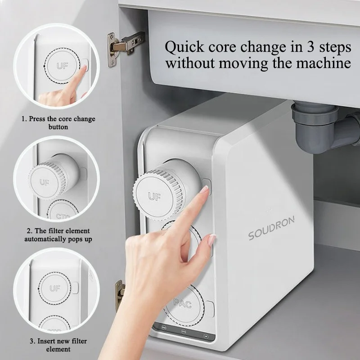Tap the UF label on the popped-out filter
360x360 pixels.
pos(154,196)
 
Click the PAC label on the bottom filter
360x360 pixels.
pos(183,304)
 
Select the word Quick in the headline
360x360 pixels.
pos(183,47)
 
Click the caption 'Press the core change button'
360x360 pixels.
pos(58,123)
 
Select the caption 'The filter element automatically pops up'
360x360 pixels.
pos(58,234)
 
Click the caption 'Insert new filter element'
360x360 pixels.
pos(58,345)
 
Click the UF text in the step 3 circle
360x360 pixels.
pos(55,288)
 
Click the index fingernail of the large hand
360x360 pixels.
pos(205,190)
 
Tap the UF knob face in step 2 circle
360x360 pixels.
pos(45,183)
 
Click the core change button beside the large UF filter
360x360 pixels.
pos(207,183)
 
